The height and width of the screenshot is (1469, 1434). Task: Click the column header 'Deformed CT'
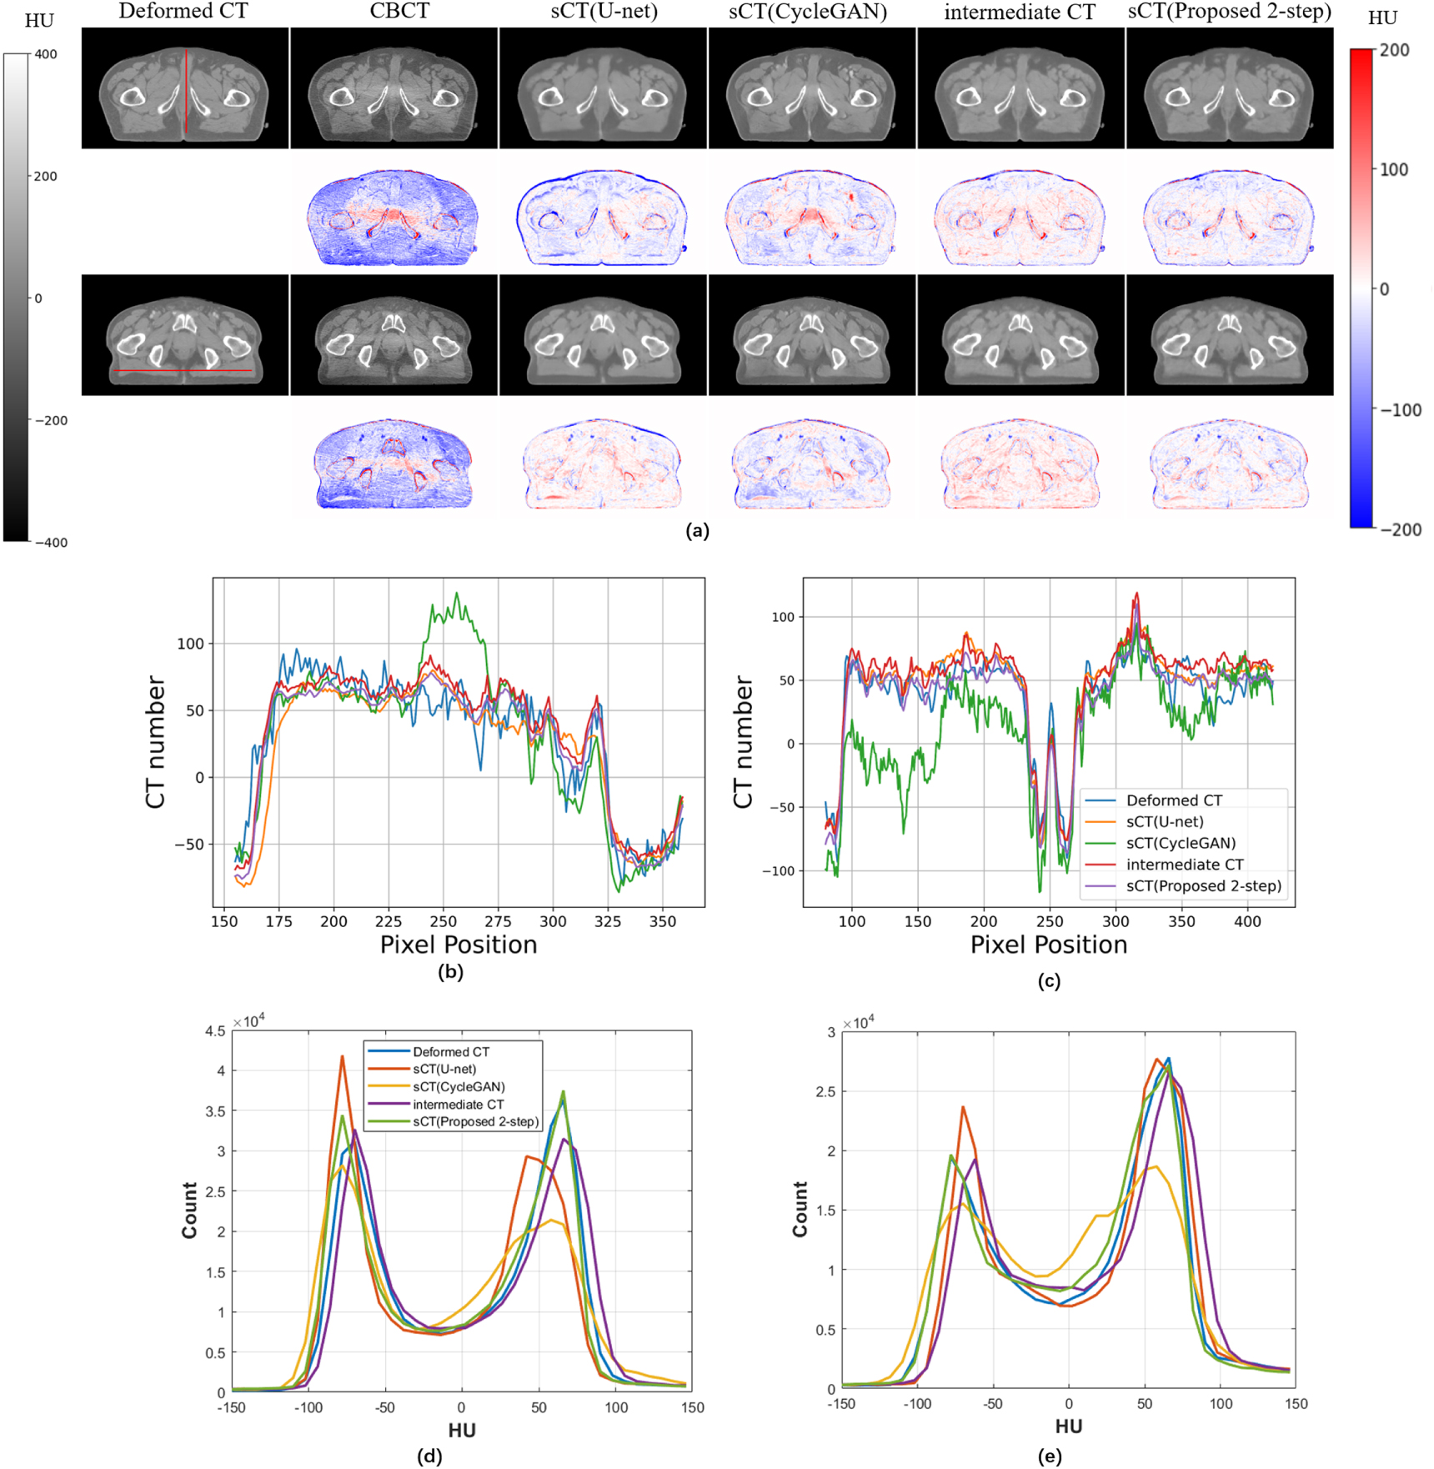point(183,12)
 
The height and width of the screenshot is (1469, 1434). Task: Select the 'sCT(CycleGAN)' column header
point(807,12)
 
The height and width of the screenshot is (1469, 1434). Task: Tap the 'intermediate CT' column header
point(1019,13)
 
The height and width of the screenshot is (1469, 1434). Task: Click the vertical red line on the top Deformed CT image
point(186,92)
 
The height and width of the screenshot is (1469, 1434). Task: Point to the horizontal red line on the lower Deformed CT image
point(183,370)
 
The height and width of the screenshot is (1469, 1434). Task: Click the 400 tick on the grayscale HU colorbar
point(46,54)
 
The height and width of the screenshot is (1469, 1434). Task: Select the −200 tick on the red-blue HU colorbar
point(1400,529)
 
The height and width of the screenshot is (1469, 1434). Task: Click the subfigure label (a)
point(697,531)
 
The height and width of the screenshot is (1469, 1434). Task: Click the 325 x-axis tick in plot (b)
point(608,921)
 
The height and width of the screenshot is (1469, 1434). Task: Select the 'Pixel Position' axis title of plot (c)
point(1048,945)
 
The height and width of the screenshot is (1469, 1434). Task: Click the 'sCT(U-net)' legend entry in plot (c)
point(1164,821)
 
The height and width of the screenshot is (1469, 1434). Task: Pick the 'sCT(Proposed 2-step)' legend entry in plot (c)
point(1203,885)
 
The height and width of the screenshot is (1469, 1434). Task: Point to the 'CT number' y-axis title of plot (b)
point(156,742)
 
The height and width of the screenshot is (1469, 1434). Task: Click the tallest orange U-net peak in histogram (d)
point(342,1057)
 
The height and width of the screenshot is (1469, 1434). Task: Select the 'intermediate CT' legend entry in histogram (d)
point(458,1104)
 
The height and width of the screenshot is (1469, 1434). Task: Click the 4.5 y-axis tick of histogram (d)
point(215,1031)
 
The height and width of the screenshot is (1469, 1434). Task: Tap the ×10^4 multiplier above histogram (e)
point(858,1023)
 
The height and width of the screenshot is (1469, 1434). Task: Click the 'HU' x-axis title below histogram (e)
point(1068,1426)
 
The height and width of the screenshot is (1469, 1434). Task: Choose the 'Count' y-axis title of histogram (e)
point(800,1209)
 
